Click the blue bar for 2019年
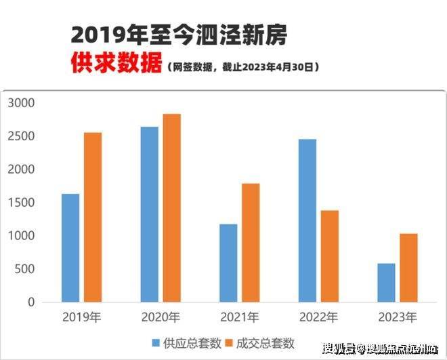pyautogui.click(x=70, y=248)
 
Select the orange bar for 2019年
pyautogui.click(x=93, y=217)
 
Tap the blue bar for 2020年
pyautogui.click(x=150, y=214)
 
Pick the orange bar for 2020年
pyautogui.click(x=172, y=208)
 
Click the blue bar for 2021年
pyautogui.click(x=228, y=263)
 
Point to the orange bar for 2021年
pyautogui.click(x=251, y=243)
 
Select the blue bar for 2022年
pyautogui.click(x=307, y=220)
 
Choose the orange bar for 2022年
pyautogui.click(x=330, y=256)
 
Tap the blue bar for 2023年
pyautogui.click(x=386, y=283)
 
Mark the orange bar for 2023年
pyautogui.click(x=408, y=268)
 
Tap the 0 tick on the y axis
pyautogui.click(x=31, y=302)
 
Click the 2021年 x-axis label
pyautogui.click(x=240, y=317)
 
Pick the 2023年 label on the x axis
pyautogui.click(x=398, y=317)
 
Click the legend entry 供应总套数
pyautogui.click(x=189, y=342)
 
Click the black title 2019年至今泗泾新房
pyautogui.click(x=182, y=35)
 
